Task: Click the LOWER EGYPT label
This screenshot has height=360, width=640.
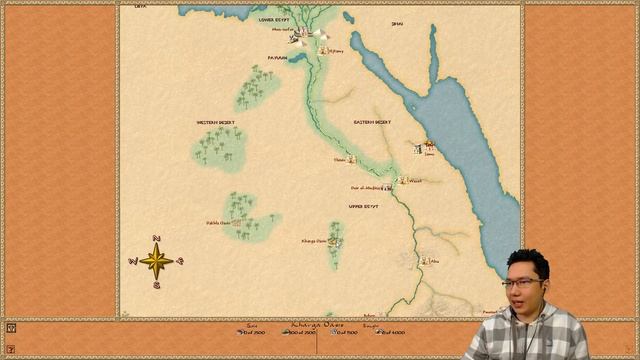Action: click(x=280, y=19)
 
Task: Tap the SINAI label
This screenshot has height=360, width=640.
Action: click(x=397, y=23)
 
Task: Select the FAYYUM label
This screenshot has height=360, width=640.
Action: click(x=277, y=58)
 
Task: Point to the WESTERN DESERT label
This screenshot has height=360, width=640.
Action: click(x=215, y=123)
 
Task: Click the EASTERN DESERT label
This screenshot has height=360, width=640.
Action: click(x=371, y=122)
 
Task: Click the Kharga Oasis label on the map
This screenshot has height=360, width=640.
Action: click(x=313, y=241)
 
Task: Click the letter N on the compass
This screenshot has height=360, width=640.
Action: click(x=156, y=238)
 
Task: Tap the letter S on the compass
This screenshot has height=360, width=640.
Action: click(x=156, y=284)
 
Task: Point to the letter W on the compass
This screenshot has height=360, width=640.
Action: click(x=132, y=262)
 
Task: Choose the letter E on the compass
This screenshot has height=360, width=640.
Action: click(x=180, y=261)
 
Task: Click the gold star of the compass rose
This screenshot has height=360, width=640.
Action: click(x=156, y=261)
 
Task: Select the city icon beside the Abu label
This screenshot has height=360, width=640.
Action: click(x=423, y=260)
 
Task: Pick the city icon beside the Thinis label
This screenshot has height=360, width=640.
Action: click(x=352, y=159)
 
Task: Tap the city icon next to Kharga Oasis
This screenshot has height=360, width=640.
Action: click(x=334, y=241)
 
